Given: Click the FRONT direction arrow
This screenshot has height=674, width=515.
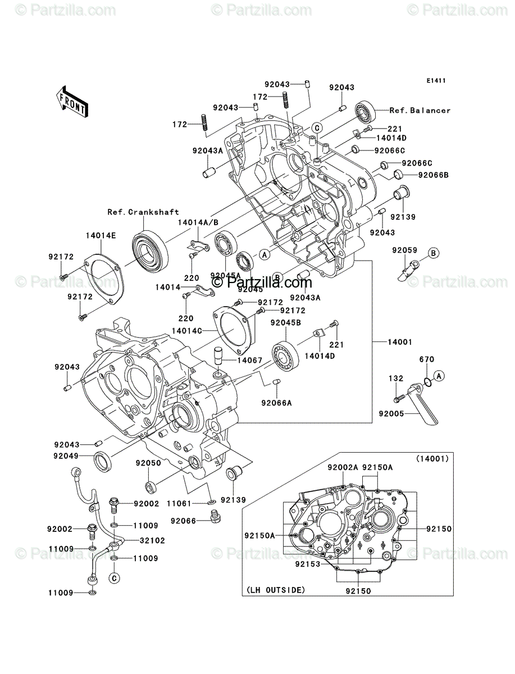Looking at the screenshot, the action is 72,101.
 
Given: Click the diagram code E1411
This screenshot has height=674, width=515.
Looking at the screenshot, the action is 436,81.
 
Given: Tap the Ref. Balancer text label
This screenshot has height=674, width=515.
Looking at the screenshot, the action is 420,111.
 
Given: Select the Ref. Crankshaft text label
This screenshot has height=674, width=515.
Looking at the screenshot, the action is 143,212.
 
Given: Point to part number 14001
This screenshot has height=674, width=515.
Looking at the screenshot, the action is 400,342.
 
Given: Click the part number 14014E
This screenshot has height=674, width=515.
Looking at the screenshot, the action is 101,236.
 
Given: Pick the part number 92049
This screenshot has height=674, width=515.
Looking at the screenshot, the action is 66,456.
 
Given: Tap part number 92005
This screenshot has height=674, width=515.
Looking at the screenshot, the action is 391,414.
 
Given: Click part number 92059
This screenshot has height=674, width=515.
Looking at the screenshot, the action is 404,251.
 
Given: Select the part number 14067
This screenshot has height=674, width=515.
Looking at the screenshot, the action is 249,360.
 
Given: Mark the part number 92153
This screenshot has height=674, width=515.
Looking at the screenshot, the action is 308,564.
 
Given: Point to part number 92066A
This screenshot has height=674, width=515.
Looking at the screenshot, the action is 276,403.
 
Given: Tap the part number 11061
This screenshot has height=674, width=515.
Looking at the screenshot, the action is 179,504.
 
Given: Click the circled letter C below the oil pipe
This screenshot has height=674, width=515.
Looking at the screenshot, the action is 114,579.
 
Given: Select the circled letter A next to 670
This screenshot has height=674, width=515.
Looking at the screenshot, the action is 439,376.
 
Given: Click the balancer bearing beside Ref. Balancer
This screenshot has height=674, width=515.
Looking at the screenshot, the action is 365,111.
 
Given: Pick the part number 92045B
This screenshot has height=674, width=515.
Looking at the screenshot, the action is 285,323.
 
